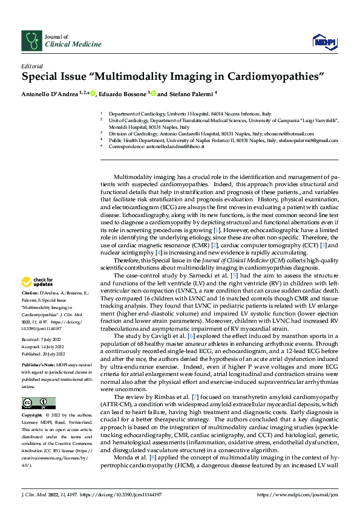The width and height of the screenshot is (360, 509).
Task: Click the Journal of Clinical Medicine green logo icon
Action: coord(31,41)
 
